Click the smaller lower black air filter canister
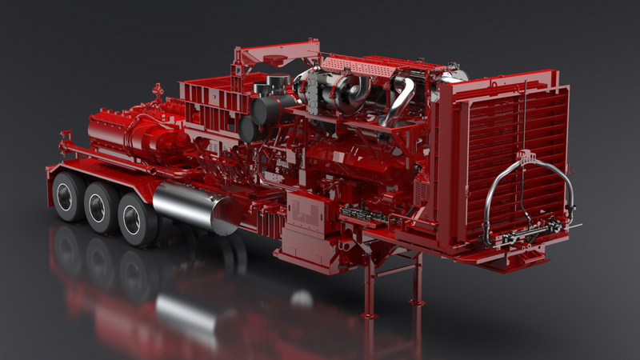tap(249, 129)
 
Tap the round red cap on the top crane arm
tap(276, 61)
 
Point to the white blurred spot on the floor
tap(301, 299)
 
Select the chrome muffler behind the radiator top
tap(452, 75)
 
